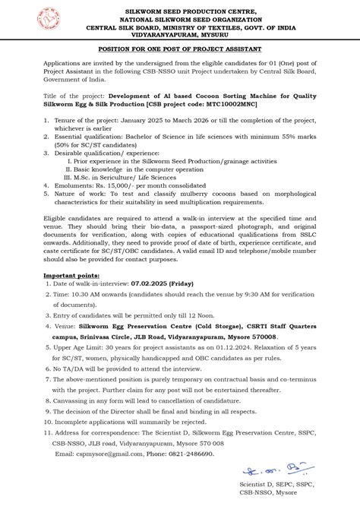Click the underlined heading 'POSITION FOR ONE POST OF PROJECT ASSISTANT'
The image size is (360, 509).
(x=180, y=48)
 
